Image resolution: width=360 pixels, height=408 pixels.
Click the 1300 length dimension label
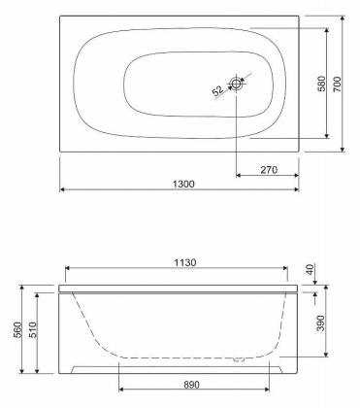coord(183,184)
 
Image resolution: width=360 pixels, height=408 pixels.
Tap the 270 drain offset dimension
coord(269,169)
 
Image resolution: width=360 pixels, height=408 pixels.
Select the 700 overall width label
coord(337,84)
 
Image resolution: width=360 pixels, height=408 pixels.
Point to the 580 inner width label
coord(321,84)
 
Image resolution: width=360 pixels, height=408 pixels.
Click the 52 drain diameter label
coord(217,90)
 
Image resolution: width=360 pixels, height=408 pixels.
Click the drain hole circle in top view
coord(237,84)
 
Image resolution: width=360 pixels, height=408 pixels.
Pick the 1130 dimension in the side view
coord(185,262)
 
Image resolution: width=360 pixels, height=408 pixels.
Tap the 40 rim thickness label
coord(310,270)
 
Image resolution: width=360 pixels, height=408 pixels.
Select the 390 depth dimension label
coord(320,323)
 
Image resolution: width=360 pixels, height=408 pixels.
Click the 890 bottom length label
coord(192,385)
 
